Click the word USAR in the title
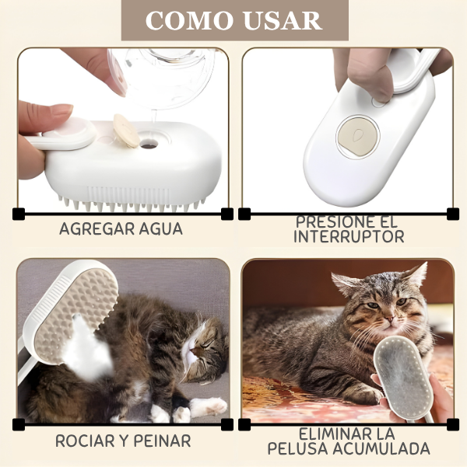pyautogui.click(x=277, y=20)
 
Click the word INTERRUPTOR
pyautogui.click(x=349, y=236)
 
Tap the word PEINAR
pyautogui.click(x=160, y=441)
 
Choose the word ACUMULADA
pyautogui.click(x=383, y=449)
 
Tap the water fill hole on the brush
pyautogui.click(x=149, y=143)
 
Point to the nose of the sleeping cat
pyautogui.click(x=190, y=357)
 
